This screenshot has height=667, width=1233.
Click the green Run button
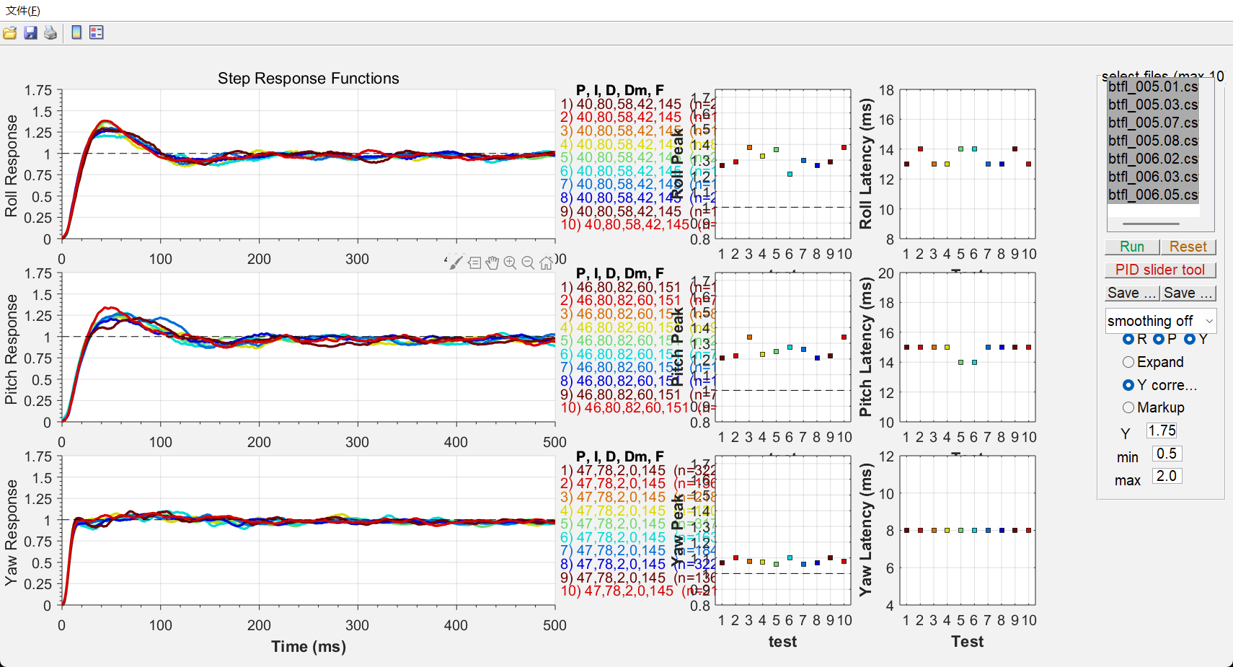(1131, 247)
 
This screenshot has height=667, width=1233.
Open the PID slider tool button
(1159, 270)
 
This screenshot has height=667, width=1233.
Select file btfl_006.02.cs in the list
(1152, 159)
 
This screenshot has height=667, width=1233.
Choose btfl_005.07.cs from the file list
(1152, 123)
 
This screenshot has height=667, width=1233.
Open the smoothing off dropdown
(1160, 321)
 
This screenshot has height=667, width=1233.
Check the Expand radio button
(1128, 362)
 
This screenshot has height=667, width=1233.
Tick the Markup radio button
(1128, 407)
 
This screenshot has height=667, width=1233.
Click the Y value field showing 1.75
(1161, 430)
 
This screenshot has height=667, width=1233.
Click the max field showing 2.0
(1166, 476)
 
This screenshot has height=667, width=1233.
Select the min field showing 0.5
(1166, 454)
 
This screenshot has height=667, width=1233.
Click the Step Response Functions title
(308, 79)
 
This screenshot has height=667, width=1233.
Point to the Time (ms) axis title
(309, 646)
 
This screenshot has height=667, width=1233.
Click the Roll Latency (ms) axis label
(866, 164)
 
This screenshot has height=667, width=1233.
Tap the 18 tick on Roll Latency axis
(886, 90)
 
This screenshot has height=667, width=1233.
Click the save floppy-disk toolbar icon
(30, 32)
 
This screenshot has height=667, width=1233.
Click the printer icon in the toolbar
(50, 32)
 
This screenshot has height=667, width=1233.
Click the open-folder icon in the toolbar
(10, 32)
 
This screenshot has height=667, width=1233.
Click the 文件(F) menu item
(23, 11)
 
